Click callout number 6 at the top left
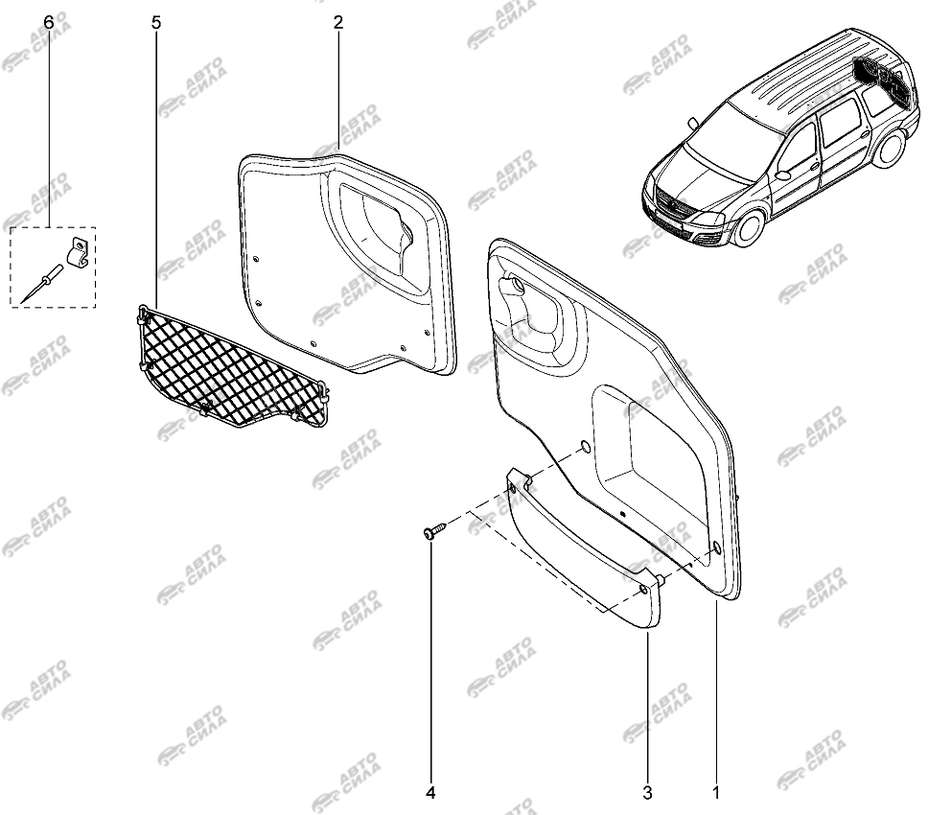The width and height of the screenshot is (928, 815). coord(49,22)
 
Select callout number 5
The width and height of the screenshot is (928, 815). coord(156,22)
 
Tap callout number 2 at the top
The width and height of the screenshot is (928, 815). coord(338,22)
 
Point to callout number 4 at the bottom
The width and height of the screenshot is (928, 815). coord(430,793)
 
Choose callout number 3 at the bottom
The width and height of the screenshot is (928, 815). coord(647,793)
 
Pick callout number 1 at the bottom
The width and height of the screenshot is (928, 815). coord(715,793)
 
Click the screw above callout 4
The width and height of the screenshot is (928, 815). coord(434,530)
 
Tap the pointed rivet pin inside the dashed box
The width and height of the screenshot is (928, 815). coord(41,284)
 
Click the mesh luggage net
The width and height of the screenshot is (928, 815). coord(231,367)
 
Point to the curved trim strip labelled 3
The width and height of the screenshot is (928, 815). coord(583,547)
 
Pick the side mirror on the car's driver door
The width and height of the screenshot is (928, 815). coord(783,175)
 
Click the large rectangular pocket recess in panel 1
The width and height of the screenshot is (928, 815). coord(654,455)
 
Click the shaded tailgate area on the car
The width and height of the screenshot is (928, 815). coord(882,80)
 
